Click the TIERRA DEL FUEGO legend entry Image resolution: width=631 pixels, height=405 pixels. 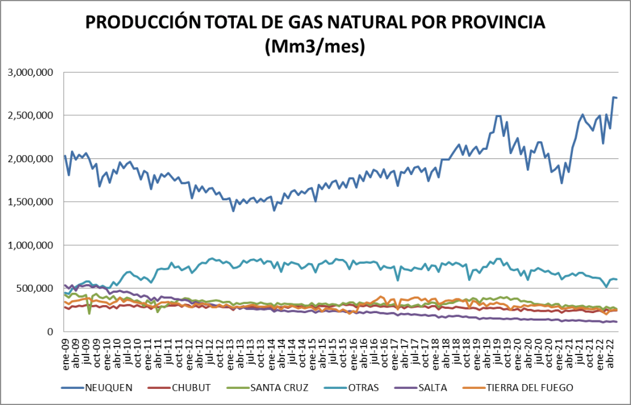coord(530,388)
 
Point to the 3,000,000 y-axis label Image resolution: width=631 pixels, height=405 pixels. coord(30,73)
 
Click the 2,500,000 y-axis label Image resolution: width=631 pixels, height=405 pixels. coord(30,116)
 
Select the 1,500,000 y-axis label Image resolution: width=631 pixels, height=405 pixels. coord(30,202)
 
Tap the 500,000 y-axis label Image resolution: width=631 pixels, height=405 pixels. coord(36,288)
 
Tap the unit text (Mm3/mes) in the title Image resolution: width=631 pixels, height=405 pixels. coord(315,46)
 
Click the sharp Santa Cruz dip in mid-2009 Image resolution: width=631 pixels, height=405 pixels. coord(89,313)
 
